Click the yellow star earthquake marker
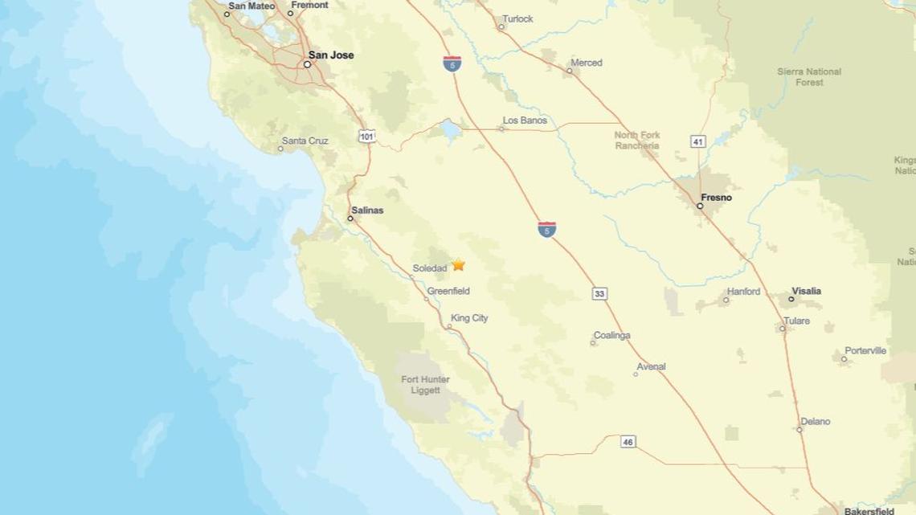tap(458, 264)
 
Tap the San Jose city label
tap(330, 55)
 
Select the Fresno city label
tap(716, 198)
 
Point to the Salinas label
tap(367, 210)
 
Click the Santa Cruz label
tap(305, 141)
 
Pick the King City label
tap(469, 318)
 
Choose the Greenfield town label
tap(448, 291)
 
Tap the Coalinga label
tap(611, 336)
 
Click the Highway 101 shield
tap(367, 137)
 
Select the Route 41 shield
tap(698, 141)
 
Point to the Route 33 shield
tap(599, 294)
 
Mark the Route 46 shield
tap(628, 442)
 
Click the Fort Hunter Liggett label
tap(425, 385)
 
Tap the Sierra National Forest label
tap(808, 77)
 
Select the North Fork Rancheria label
tap(637, 141)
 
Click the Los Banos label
tap(525, 121)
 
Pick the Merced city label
tap(586, 63)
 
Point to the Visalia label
tap(806, 292)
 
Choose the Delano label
tap(815, 422)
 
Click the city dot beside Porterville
tap(844, 358)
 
